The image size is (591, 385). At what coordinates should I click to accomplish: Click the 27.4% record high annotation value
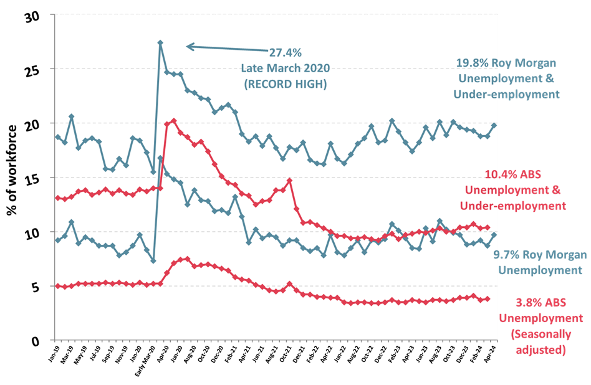286,53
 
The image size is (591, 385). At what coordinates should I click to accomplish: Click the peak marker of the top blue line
160,43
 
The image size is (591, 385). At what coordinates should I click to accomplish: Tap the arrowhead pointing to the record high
190,46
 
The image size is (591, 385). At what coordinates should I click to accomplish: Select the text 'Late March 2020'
286,68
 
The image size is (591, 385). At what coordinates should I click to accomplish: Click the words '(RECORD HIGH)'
286,83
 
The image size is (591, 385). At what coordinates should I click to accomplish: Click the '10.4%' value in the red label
498,176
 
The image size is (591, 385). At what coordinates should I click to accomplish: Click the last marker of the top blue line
494,125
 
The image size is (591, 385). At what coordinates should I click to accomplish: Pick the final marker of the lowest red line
488,299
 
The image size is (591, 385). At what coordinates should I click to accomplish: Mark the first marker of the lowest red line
58,286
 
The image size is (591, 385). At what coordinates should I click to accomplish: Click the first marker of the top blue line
58,137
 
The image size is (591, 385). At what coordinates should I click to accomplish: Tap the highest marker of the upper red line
174,120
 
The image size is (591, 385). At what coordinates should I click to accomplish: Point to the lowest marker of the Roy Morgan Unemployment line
153,260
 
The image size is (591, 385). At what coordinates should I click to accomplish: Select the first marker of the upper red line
58,198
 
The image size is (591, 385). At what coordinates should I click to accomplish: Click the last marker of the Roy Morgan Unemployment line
494,235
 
